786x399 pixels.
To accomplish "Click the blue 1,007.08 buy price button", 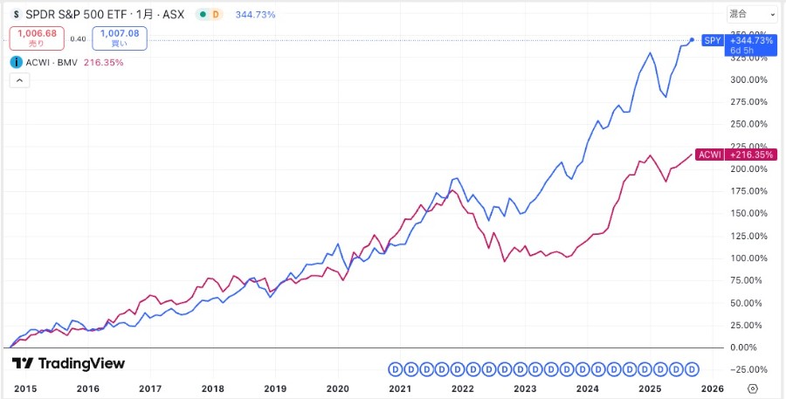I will (x=120, y=38).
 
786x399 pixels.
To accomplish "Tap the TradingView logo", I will (x=68, y=363).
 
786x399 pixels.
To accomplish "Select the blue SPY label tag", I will (x=711, y=41).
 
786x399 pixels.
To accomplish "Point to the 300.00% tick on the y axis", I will (x=749, y=79).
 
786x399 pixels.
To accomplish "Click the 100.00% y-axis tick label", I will (x=749, y=258).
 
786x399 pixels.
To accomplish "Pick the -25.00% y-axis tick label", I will (x=749, y=368).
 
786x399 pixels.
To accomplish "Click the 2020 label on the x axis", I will (x=337, y=388).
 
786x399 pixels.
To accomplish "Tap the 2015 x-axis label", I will (x=26, y=388).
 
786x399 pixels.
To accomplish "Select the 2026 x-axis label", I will (x=711, y=388).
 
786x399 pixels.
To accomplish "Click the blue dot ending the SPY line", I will (x=693, y=39).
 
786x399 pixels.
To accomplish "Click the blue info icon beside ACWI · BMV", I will (x=17, y=62).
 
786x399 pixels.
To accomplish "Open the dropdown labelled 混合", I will (x=751, y=14).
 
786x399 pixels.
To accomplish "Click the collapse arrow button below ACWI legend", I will (x=19, y=80).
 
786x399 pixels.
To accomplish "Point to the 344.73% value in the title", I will (x=255, y=15).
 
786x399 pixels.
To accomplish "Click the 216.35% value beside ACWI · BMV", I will (x=103, y=63).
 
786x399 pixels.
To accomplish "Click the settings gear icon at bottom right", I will (x=753, y=388).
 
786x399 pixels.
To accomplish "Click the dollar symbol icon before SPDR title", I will (x=17, y=15).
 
